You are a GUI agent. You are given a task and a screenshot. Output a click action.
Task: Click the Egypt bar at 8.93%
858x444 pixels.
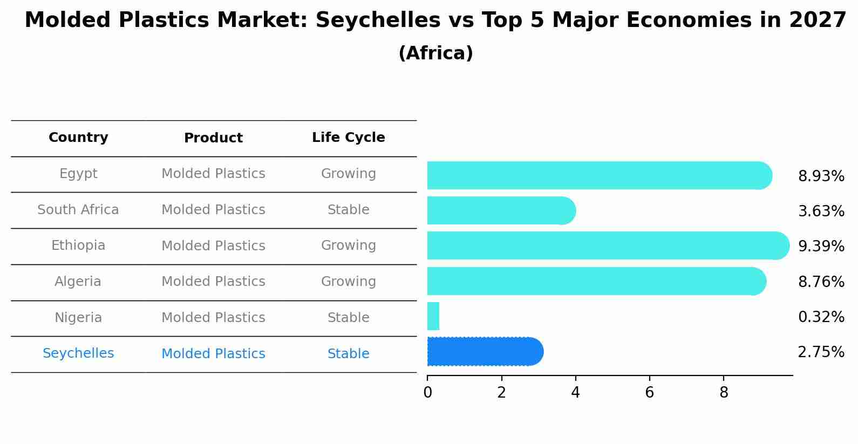click(599, 175)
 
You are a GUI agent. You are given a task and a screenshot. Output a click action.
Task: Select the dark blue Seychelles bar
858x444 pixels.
click(485, 352)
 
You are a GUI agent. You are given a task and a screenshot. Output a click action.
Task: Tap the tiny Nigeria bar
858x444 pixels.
click(433, 316)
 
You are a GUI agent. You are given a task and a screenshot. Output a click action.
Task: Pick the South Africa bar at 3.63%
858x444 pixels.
click(501, 210)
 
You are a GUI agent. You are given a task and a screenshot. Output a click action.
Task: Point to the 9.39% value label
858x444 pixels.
click(821, 247)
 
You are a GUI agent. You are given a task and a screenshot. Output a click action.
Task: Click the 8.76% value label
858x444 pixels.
click(821, 282)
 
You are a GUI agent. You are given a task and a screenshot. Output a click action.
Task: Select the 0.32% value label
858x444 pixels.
click(821, 317)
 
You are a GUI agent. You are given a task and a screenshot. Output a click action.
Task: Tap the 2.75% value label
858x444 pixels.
click(821, 352)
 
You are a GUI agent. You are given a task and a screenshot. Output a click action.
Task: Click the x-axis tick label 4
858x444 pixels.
click(575, 393)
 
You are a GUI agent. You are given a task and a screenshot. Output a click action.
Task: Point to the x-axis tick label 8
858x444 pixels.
click(724, 393)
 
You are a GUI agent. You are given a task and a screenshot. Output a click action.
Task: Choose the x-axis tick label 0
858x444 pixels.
click(427, 393)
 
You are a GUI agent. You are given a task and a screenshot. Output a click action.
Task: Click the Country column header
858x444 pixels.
click(78, 138)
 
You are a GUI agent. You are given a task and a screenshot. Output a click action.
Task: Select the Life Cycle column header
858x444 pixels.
click(348, 138)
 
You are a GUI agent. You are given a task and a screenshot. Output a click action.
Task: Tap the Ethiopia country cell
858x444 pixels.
click(78, 245)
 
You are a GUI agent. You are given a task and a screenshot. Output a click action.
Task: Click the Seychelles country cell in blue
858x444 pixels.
click(78, 353)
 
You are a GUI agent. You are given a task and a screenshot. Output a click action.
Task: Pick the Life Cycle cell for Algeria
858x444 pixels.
click(348, 282)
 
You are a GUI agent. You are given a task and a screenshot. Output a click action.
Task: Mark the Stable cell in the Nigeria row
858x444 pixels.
click(348, 318)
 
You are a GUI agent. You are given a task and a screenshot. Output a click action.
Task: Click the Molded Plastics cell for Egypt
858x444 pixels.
click(213, 174)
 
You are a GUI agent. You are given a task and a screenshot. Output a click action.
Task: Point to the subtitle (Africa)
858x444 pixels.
click(435, 53)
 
